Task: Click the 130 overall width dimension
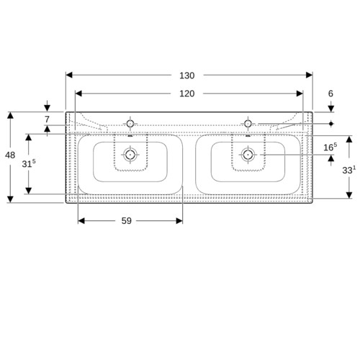pyautogui.click(x=187, y=76)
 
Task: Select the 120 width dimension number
pyautogui.click(x=187, y=94)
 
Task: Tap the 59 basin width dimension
pyautogui.click(x=127, y=221)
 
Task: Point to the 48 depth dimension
pyautogui.click(x=10, y=156)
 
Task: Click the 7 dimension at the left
pyautogui.click(x=47, y=119)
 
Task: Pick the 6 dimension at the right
pyautogui.click(x=330, y=94)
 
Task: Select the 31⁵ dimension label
pyautogui.click(x=29, y=163)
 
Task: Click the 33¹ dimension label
pyautogui.click(x=349, y=170)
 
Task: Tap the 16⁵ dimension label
pyautogui.click(x=330, y=147)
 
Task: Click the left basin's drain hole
pyautogui.click(x=130, y=155)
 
